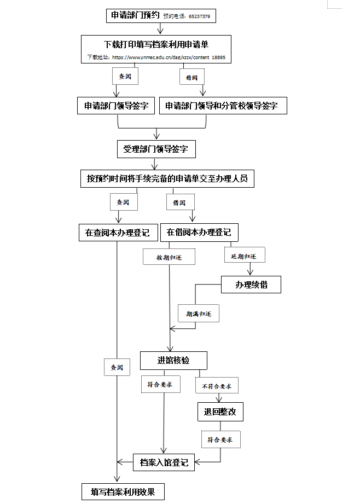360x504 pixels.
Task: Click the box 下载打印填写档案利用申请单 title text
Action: coord(156,44)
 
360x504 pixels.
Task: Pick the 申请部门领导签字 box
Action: coord(116,106)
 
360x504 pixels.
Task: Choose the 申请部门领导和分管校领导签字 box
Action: coord(223,106)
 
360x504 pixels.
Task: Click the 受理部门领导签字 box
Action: coord(156,148)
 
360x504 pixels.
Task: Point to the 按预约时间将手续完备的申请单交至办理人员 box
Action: coord(167,178)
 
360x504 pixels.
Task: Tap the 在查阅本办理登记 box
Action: coord(118,232)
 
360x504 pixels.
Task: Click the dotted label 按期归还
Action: coord(169,257)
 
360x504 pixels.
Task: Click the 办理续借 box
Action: coord(251,285)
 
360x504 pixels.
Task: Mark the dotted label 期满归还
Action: coord(198,314)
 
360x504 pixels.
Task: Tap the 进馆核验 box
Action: coord(173,360)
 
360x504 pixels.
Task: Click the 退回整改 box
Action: coord(220,412)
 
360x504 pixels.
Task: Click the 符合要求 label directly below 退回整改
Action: coord(220,439)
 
